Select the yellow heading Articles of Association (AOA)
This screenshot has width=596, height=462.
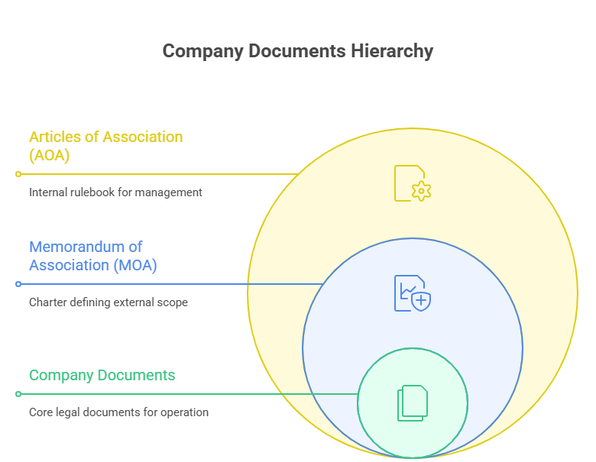pos(105,146)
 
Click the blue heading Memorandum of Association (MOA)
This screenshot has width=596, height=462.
pos(93,256)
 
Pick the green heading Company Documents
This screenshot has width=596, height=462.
pos(102,375)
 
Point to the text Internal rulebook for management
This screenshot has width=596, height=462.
pos(115,192)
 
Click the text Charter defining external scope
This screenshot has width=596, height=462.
pos(108,302)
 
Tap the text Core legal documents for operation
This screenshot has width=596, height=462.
pos(118,412)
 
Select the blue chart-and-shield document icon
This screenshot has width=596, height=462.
pos(412,293)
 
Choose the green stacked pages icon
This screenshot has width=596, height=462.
pos(412,402)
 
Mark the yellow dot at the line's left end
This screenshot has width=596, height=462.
pos(18,174)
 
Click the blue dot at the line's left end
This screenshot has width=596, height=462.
pos(18,284)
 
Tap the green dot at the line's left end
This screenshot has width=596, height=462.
pos(18,394)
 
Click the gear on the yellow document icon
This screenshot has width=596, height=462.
pos(421,191)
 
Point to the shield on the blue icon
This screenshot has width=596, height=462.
pos(421,301)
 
